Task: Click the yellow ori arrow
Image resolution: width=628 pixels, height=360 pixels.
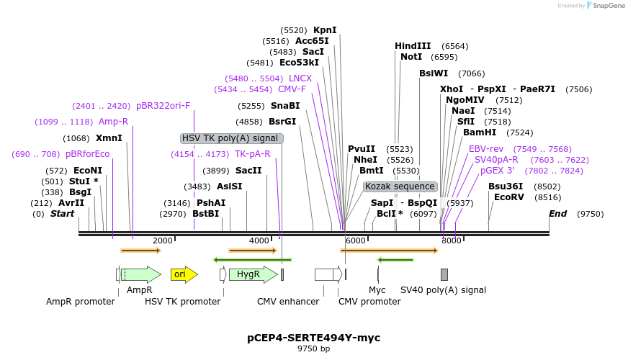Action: (x=183, y=274)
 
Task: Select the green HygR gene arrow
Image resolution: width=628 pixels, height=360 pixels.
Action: (x=251, y=274)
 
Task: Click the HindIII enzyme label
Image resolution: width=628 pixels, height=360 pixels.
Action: (x=413, y=46)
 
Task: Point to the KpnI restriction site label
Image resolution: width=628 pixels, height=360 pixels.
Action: (x=325, y=30)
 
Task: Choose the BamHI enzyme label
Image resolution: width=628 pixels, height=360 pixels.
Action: (x=480, y=132)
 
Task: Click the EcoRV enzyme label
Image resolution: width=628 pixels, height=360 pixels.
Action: (x=508, y=197)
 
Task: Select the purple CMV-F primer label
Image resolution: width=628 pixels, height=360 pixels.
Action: (x=292, y=89)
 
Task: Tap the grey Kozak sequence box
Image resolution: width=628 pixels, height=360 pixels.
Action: (x=400, y=186)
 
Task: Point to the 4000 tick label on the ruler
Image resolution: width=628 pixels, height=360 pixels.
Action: (x=259, y=240)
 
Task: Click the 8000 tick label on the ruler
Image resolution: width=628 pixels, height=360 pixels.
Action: (x=452, y=240)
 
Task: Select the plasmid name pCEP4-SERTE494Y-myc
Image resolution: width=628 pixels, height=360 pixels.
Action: (x=314, y=338)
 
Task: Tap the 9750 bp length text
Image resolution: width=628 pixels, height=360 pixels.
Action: (x=314, y=349)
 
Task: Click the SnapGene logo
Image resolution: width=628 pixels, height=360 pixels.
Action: (x=605, y=6)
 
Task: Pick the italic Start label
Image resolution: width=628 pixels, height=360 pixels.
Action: (x=63, y=214)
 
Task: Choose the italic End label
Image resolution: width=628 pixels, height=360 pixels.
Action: (x=558, y=214)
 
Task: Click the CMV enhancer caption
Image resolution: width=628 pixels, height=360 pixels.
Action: (x=288, y=302)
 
